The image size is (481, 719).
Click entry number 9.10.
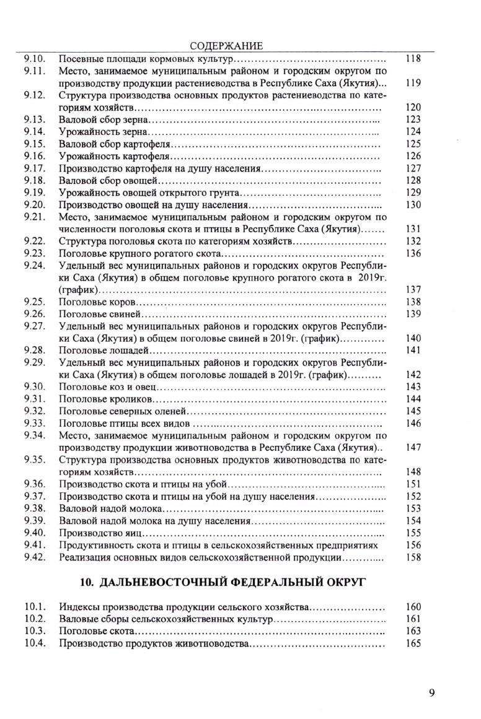point(32,59)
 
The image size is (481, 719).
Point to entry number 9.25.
point(32,302)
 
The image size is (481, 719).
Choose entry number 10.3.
point(32,632)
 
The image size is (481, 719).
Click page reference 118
point(413,59)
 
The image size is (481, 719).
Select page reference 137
point(413,290)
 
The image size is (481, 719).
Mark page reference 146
point(413,424)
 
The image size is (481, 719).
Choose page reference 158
point(413,557)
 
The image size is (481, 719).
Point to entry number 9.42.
point(32,557)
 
